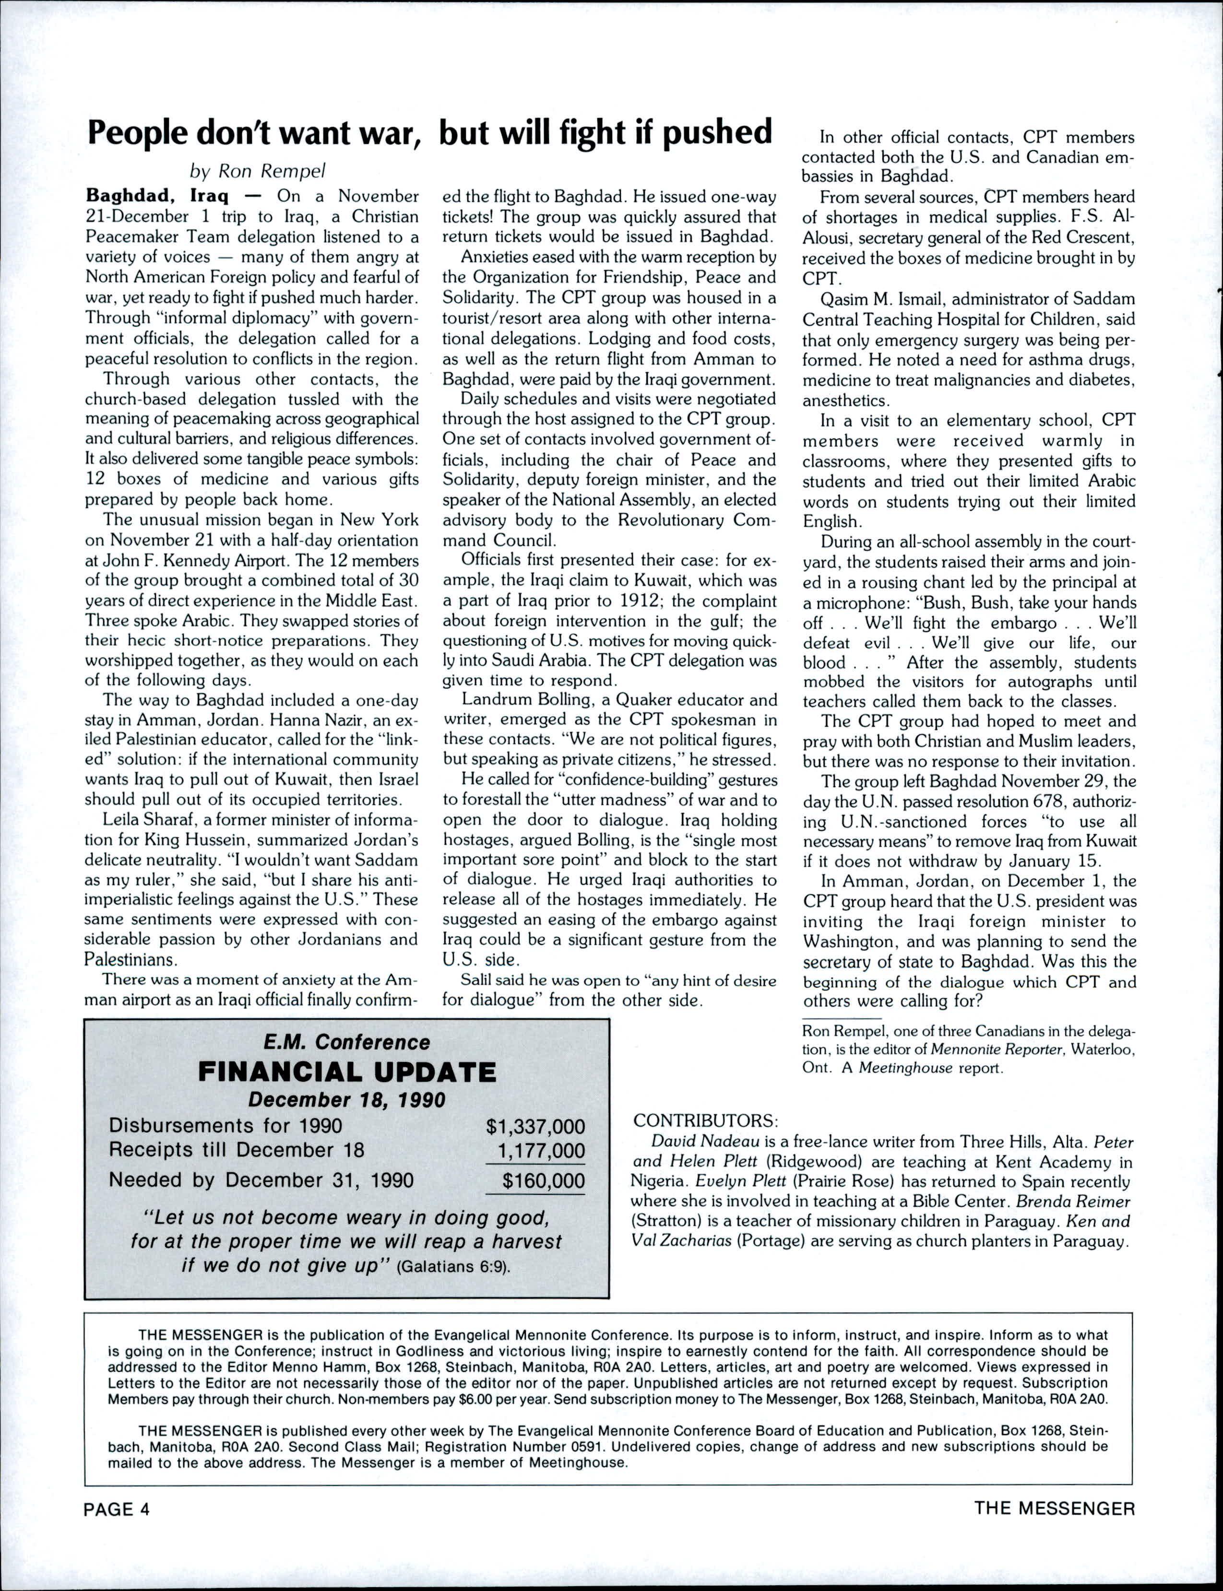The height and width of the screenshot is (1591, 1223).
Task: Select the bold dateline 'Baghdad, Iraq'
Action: pyautogui.click(x=158, y=197)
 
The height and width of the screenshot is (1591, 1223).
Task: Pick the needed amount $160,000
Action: pyautogui.click(x=543, y=1180)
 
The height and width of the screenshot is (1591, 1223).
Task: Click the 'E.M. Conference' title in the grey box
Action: pyautogui.click(x=346, y=1042)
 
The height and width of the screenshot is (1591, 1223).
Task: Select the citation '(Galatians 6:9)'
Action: pyautogui.click(x=453, y=1266)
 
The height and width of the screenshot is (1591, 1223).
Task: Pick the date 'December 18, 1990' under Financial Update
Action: pyautogui.click(x=346, y=1099)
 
